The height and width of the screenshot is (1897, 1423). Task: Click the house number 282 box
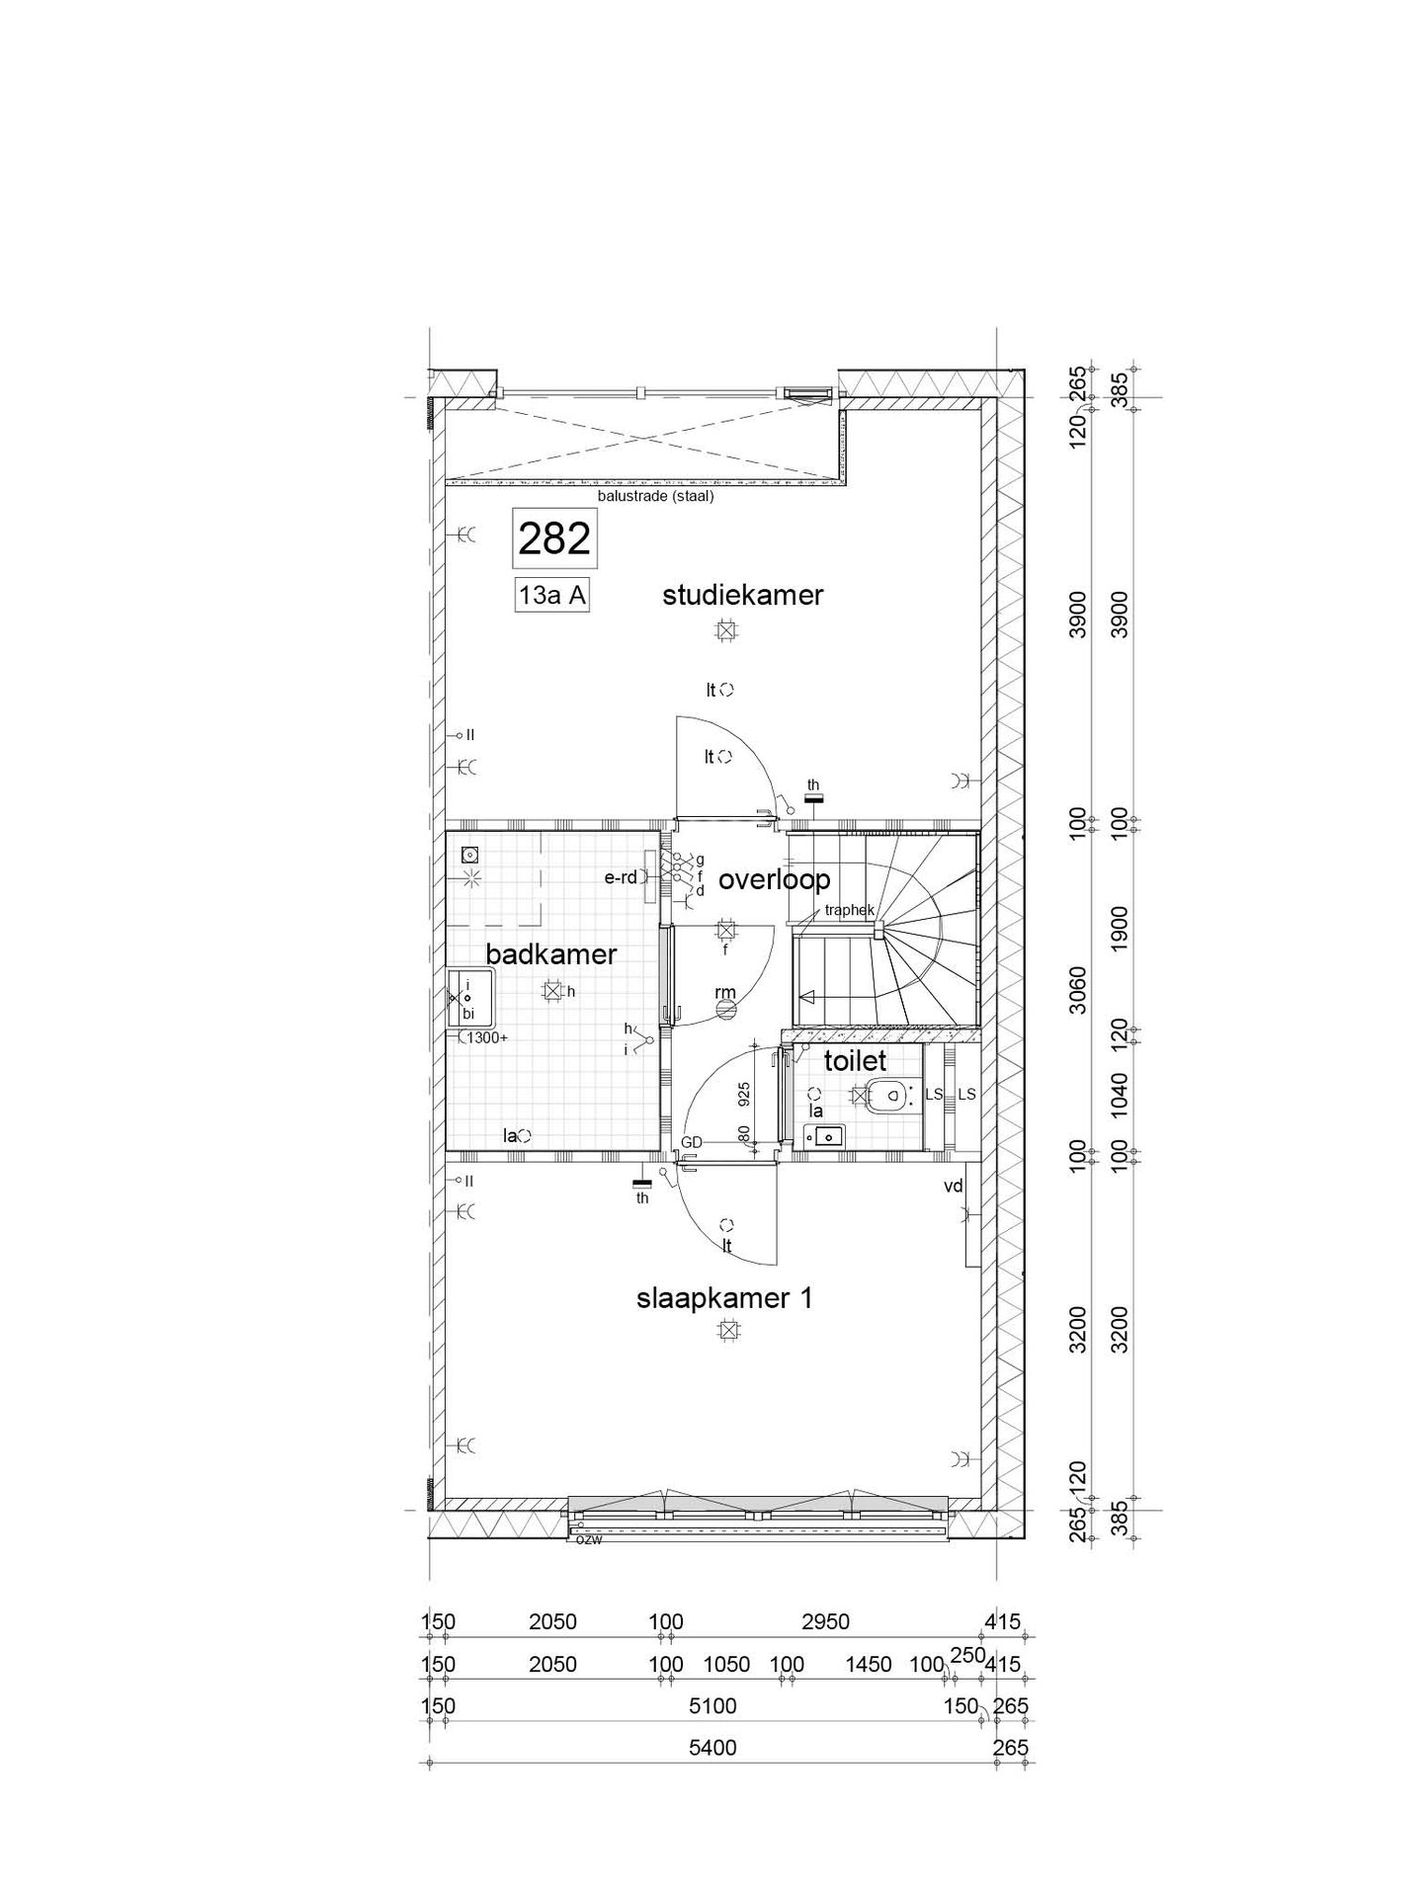pos(554,539)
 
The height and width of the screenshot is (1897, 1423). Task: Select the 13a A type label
pos(553,597)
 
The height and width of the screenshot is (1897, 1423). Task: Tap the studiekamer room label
pos(743,595)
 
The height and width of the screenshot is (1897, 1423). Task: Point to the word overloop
pos(774,878)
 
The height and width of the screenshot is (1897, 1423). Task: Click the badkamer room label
pos(551,953)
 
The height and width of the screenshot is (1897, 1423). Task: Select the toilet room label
pos(856,1061)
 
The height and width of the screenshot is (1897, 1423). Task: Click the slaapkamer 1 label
pos(724,1298)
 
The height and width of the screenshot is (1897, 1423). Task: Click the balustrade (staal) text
pos(655,497)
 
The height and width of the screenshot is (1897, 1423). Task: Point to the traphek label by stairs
pos(849,911)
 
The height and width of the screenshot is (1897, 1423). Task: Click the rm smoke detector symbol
pos(726,1009)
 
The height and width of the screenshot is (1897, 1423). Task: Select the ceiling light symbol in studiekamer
pos(727,630)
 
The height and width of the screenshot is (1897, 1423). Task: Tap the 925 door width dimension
pos(745,1093)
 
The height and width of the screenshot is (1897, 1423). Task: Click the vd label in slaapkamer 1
pos(953,1187)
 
